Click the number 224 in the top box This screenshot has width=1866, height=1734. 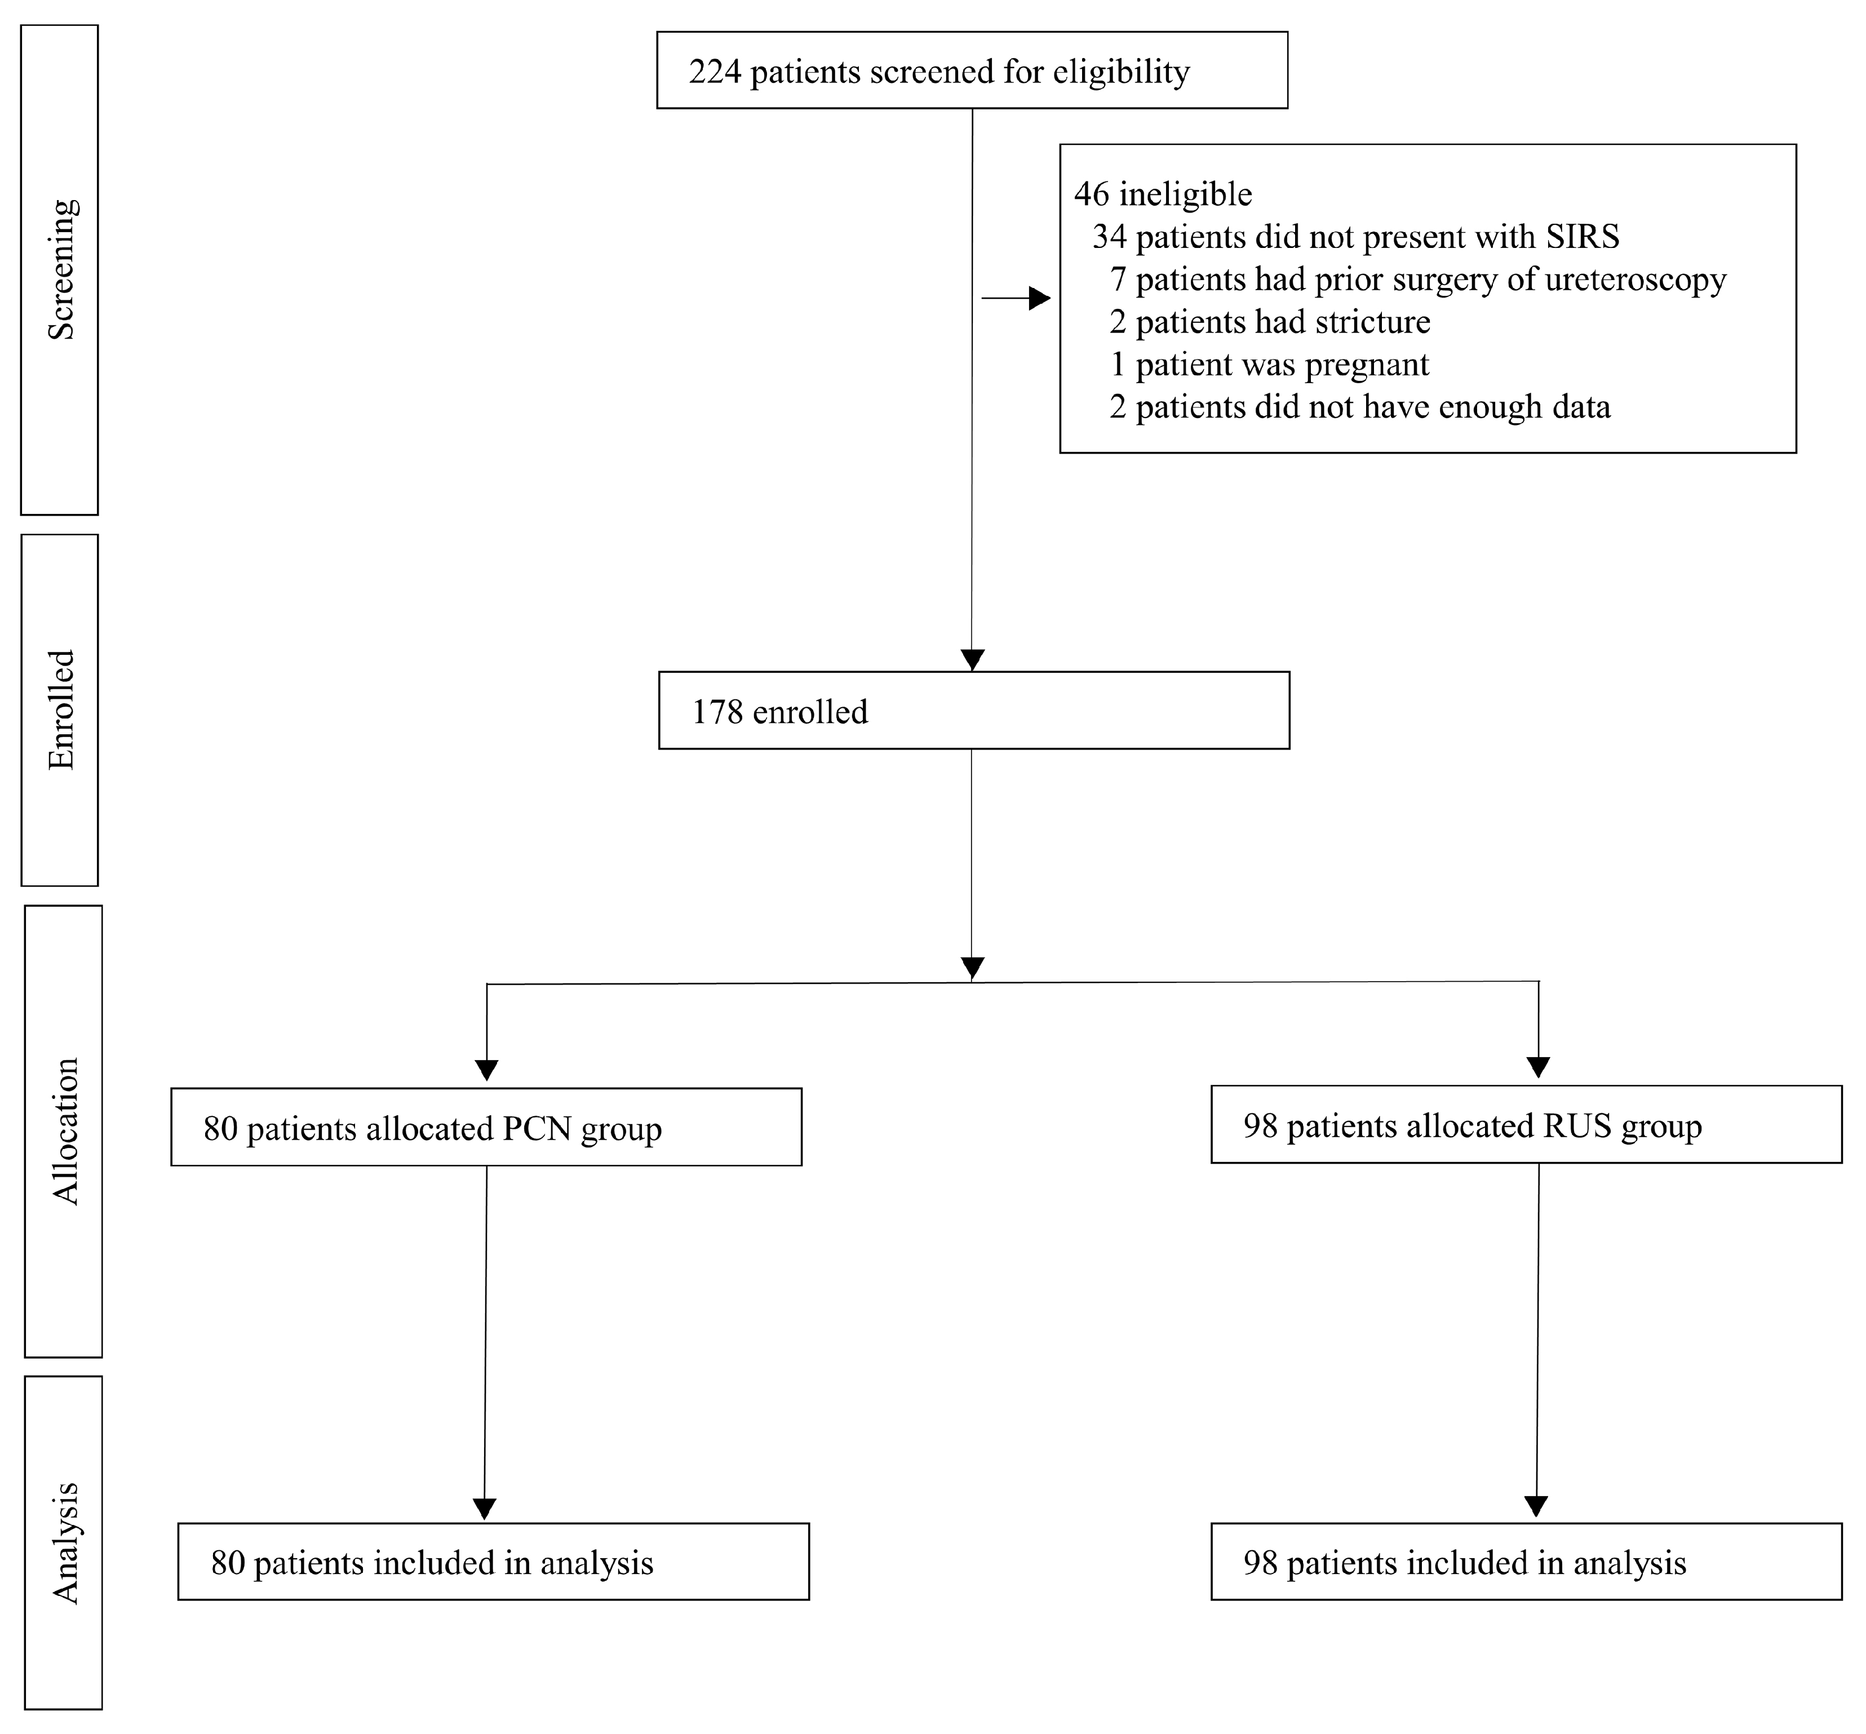pos(715,72)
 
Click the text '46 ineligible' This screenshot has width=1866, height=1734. pos(1163,194)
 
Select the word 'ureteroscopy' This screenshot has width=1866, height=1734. pos(1634,280)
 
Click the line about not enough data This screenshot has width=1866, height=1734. pos(1360,406)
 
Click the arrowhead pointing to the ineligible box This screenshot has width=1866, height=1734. pos(1039,298)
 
